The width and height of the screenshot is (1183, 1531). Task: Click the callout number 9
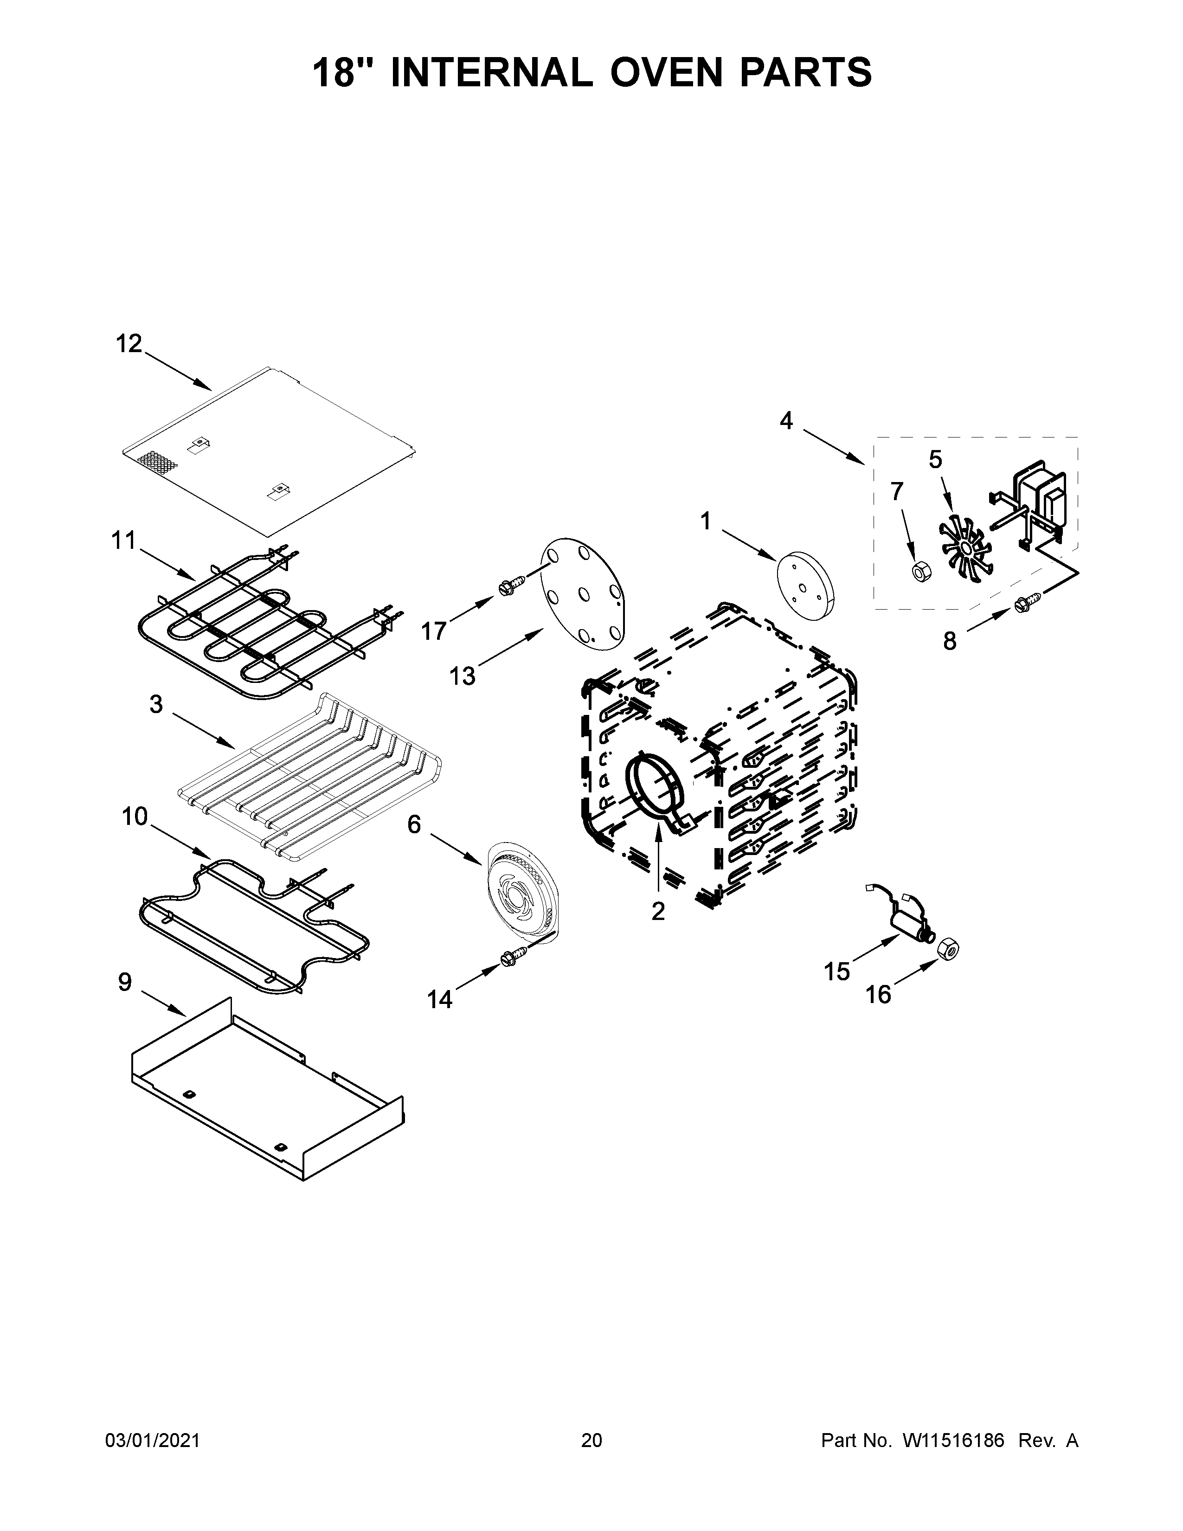[x=125, y=982]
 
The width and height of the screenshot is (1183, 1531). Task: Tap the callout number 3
[x=155, y=705]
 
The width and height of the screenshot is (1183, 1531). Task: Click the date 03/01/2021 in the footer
[x=152, y=1441]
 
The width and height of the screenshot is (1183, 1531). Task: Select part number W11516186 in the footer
[x=953, y=1441]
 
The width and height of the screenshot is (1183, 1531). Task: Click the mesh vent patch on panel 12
[x=158, y=461]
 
